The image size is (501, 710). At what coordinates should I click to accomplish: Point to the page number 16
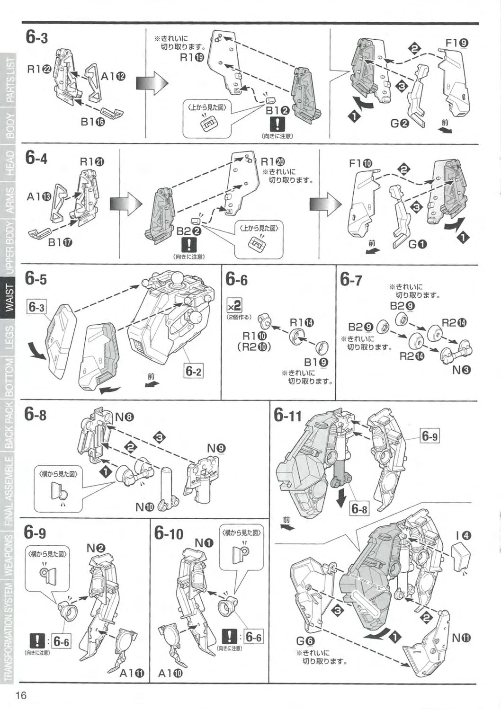pyautogui.click(x=21, y=695)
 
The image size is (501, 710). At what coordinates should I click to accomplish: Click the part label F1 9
pyautogui.click(x=457, y=43)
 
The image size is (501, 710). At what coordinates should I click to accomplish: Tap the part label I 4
pyautogui.click(x=463, y=535)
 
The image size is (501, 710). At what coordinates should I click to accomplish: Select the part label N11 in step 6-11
pyautogui.click(x=461, y=638)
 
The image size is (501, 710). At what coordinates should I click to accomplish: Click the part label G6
pyautogui.click(x=305, y=641)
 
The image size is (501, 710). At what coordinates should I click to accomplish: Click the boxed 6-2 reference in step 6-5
pyautogui.click(x=193, y=372)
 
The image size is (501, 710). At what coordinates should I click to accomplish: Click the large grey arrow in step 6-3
pyautogui.click(x=152, y=84)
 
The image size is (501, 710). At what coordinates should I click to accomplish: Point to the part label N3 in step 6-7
pyautogui.click(x=460, y=370)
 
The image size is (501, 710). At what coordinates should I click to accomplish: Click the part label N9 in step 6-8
pyautogui.click(x=216, y=448)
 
